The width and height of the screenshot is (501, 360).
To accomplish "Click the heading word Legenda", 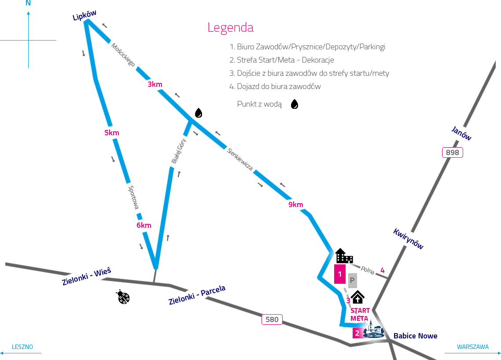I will (230, 28).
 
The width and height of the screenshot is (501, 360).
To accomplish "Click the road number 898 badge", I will (453, 153).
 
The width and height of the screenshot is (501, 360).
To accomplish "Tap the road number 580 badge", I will (272, 319).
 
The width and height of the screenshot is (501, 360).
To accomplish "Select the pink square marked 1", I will (339, 274).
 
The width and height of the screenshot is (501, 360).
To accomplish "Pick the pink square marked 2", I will (357, 333).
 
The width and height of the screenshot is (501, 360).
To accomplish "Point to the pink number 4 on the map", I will (383, 271).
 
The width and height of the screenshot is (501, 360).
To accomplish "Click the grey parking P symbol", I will (352, 280).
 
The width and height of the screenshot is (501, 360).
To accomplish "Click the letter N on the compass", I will (28, 3).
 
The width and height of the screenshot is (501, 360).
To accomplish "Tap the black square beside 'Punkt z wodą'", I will (295, 104).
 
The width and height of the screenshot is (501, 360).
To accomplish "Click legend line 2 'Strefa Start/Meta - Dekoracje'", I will (282, 60).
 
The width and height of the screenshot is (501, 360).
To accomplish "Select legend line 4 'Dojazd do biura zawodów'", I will (275, 86).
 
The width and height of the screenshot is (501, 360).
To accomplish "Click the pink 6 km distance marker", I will (144, 225).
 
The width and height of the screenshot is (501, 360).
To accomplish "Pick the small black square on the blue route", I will (199, 113).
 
